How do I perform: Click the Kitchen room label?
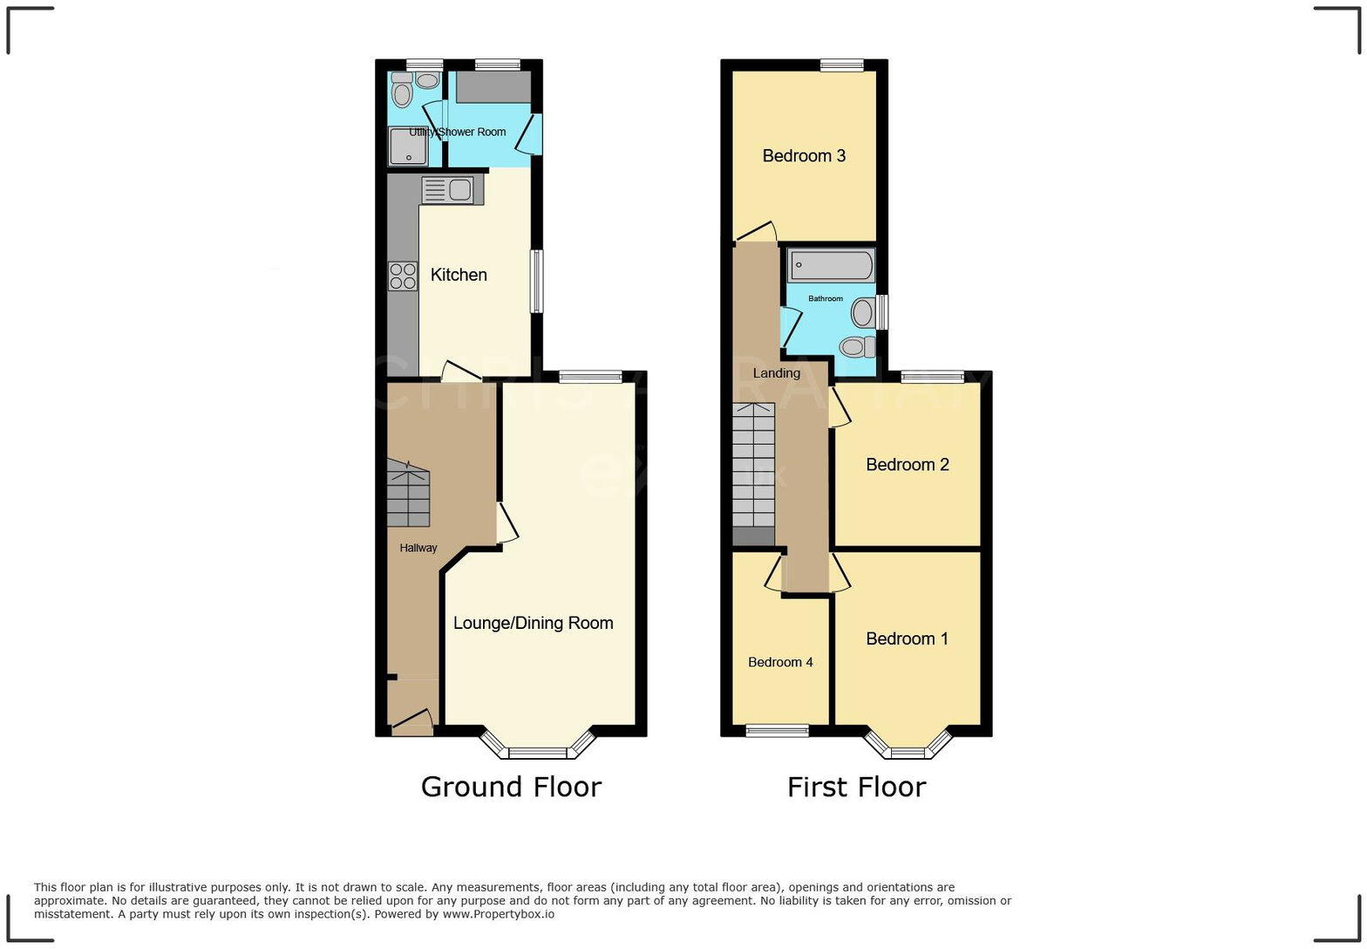point(459,275)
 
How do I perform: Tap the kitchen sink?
point(452,189)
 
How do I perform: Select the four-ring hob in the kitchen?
point(403,277)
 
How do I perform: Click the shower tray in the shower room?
point(408,146)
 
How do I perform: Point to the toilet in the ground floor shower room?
point(402,91)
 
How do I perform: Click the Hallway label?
point(418,548)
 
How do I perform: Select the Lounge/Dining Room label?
point(533,623)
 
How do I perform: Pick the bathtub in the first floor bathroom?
point(831,265)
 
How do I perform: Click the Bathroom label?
point(825,298)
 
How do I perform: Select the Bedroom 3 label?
point(804,156)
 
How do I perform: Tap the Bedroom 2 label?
point(907,465)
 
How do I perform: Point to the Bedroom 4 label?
point(780,662)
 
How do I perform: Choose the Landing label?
point(776,373)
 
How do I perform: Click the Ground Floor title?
point(511,787)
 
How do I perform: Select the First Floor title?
point(856,787)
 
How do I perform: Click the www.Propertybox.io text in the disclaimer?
point(498,914)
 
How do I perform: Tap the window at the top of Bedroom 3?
point(841,64)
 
